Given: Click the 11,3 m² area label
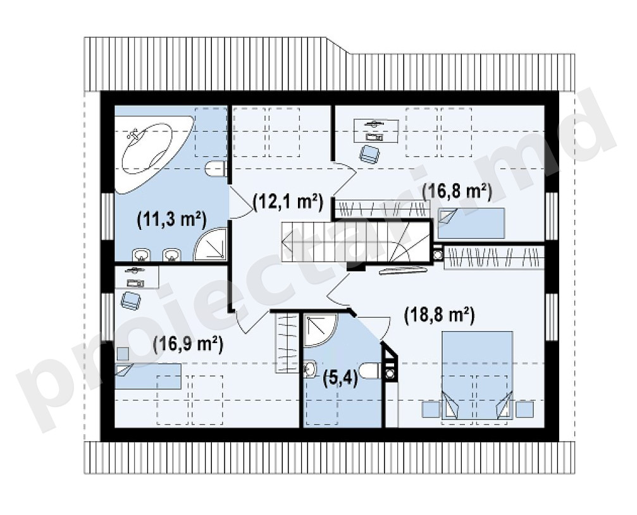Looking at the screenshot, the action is (x=172, y=220).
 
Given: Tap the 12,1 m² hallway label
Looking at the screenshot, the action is (x=288, y=202).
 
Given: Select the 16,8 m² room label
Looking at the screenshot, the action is (x=457, y=191).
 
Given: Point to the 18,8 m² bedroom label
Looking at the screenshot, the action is (x=440, y=315).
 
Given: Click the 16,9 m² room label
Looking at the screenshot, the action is (x=188, y=344).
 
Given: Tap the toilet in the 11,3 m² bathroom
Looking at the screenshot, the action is (x=216, y=169).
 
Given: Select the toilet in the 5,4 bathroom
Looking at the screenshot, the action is (x=371, y=370).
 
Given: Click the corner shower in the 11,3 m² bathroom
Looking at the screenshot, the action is (x=211, y=245).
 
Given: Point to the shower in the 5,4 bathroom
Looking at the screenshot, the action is (x=320, y=330).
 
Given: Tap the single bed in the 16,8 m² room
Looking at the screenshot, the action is (x=471, y=223).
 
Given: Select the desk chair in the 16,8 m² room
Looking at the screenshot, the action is (x=369, y=154).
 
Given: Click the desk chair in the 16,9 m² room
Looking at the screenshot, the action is (x=131, y=301).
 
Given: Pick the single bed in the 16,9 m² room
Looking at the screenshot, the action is (x=148, y=376).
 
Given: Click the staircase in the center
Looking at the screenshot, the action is (x=356, y=242).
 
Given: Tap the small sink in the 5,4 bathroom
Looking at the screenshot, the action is (x=309, y=369).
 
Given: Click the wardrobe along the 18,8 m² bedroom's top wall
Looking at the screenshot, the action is (x=494, y=257).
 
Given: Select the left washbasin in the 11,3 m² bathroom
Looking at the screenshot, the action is (x=141, y=255).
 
